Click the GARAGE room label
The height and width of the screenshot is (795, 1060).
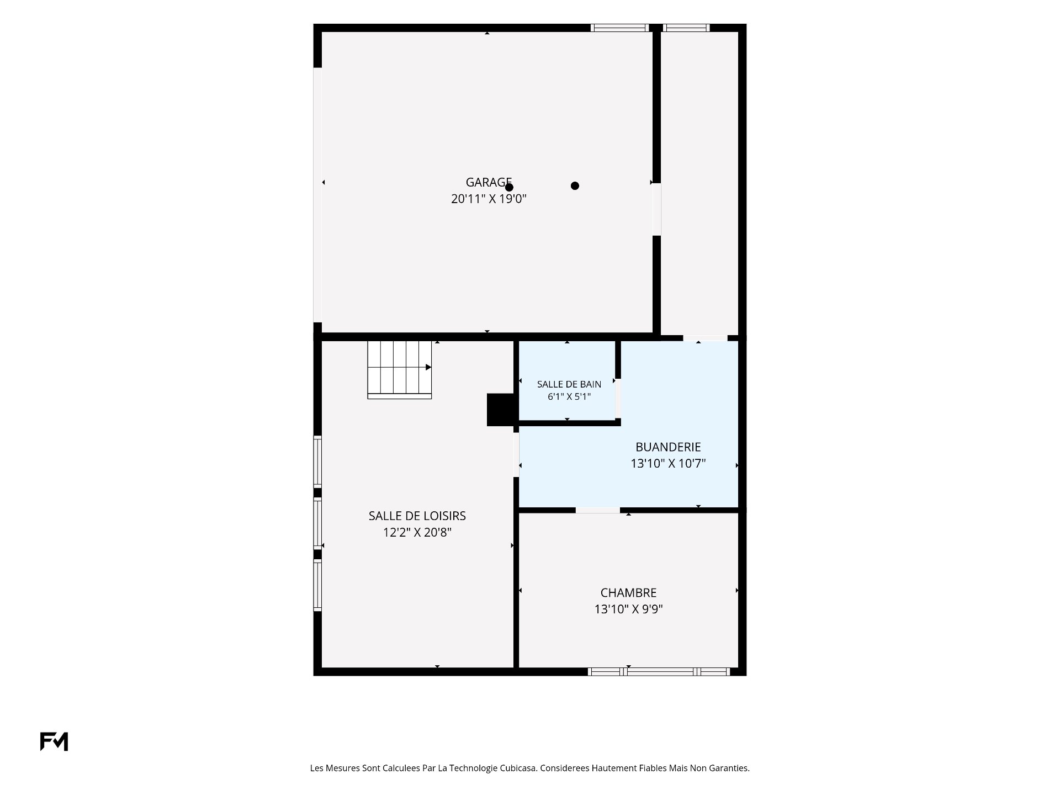point(489,182)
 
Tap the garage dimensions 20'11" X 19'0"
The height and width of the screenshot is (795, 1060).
point(489,199)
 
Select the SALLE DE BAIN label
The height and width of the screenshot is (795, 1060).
point(569,384)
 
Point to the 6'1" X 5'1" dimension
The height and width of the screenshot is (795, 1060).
point(569,396)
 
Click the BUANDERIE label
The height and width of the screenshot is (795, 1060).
point(668,447)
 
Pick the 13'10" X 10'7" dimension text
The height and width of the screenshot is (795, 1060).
point(668,464)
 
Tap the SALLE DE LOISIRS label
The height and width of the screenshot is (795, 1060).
point(417,516)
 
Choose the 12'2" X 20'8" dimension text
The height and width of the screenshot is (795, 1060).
point(417,532)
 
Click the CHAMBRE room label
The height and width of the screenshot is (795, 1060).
point(628,593)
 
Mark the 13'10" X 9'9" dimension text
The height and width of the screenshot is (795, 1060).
point(628,609)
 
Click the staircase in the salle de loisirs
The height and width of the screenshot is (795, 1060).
point(399,369)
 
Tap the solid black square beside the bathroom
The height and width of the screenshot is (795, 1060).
point(500,410)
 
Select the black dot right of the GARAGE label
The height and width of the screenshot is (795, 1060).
point(575,186)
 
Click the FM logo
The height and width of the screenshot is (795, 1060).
point(54,741)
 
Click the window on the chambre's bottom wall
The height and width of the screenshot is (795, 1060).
point(659,671)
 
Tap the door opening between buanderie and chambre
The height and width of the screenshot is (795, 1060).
point(597,510)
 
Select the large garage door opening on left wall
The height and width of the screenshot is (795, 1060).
point(317,195)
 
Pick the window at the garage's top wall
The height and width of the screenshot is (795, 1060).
point(619,28)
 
